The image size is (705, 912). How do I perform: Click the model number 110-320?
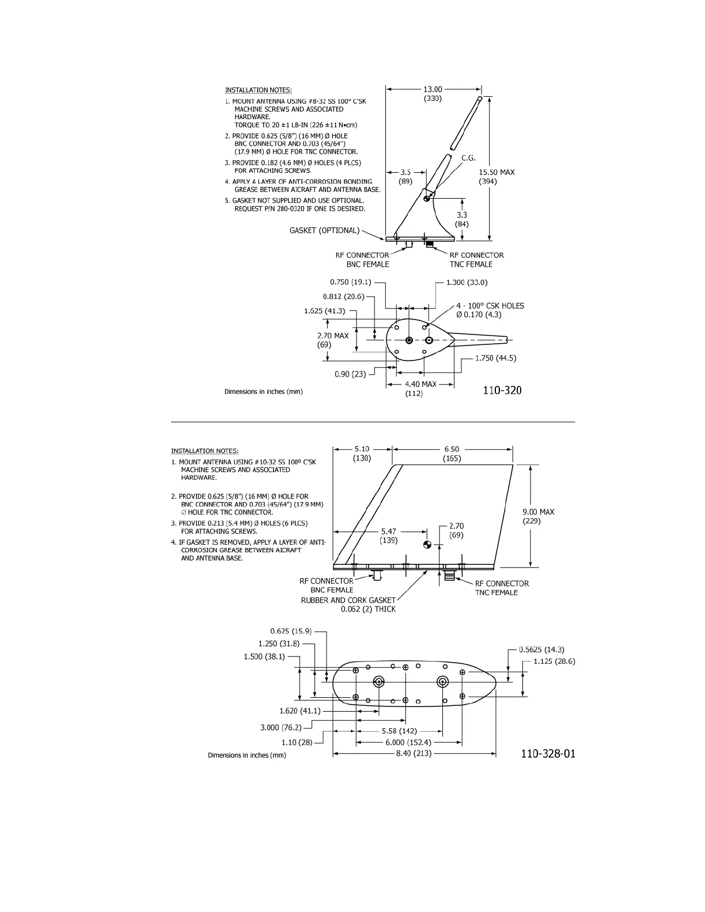point(502,390)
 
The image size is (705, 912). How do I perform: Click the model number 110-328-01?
point(547,754)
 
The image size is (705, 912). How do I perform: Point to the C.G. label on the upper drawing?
point(468,157)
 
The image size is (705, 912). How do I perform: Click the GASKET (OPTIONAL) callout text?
point(324,230)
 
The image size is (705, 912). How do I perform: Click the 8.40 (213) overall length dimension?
point(414,753)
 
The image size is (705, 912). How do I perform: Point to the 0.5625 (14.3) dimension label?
point(541,649)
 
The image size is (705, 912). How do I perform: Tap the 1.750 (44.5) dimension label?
point(495,358)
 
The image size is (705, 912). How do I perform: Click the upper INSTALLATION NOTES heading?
point(258,90)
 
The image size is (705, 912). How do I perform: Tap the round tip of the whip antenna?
point(480,100)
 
